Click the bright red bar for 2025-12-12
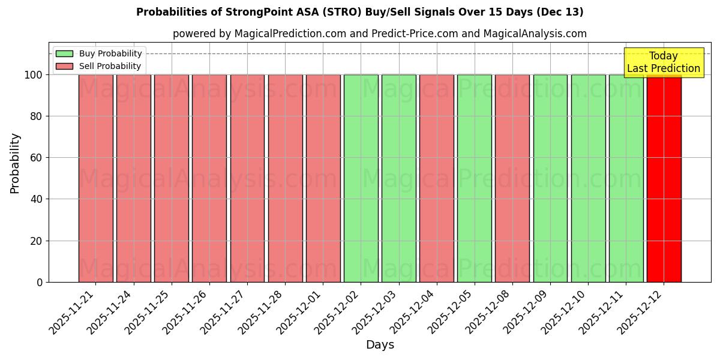[664, 178]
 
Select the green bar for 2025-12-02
[361, 178]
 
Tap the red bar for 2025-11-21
[95, 178]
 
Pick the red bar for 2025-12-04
[436, 178]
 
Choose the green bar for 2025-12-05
[474, 178]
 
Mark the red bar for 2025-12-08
[512, 178]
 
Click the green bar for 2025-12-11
[626, 178]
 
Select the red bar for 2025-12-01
[323, 178]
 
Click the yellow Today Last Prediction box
[663, 62]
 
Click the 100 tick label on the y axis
[34, 75]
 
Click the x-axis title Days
[380, 345]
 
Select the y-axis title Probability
[15, 163]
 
